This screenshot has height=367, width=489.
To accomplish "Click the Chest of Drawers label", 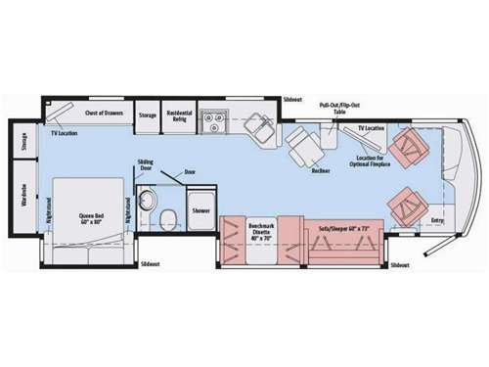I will click(103, 114).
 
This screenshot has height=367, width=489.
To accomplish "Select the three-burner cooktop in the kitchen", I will click(212, 121).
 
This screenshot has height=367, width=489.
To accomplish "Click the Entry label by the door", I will click(437, 220).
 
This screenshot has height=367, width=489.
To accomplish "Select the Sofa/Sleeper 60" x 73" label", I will click(341, 228).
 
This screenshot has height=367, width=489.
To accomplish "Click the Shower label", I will click(201, 210).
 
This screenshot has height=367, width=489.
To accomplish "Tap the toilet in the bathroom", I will click(166, 217).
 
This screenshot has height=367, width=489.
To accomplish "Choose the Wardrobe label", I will click(23, 199).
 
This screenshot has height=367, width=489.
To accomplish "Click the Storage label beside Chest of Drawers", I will click(147, 115).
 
